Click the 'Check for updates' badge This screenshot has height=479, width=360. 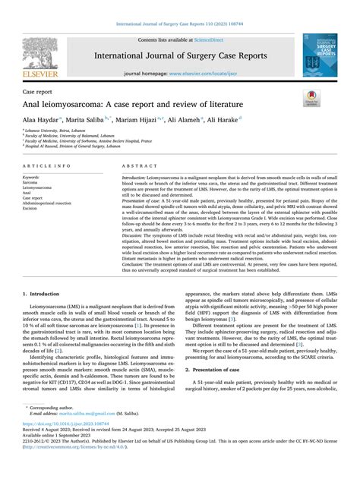(x=311, y=96)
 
